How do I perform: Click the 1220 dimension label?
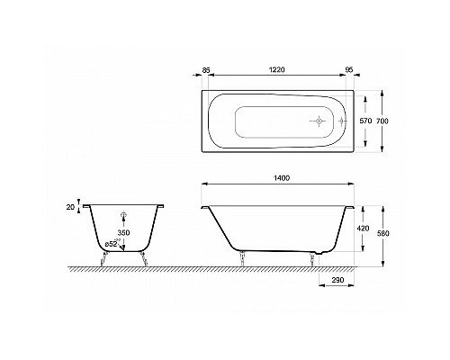276,69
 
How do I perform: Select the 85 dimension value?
205,70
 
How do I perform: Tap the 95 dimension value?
349,70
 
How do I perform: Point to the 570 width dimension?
365,121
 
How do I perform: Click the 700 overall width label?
382,121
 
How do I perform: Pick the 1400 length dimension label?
282,178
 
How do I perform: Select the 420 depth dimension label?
364,229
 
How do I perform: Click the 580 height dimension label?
383,233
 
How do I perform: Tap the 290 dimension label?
337,280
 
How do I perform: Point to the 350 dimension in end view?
123,232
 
